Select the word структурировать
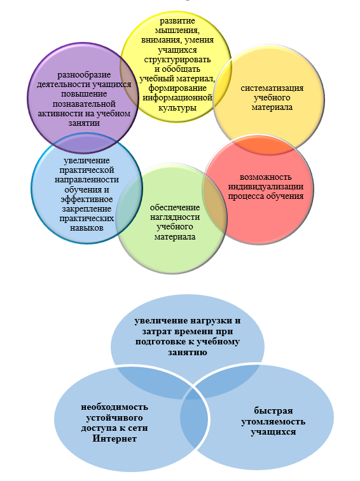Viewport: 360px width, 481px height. (177, 59)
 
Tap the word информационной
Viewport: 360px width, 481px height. (177, 98)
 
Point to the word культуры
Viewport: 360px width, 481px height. (177, 108)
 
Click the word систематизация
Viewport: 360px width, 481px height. (272, 88)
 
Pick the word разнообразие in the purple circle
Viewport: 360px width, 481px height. (84, 75)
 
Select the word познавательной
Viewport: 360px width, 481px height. (84, 104)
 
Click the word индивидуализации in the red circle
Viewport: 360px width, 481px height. (266, 187)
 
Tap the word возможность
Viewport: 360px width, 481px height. (265, 177)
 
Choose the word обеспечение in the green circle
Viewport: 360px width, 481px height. (175, 208)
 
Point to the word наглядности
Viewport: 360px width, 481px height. (175, 217)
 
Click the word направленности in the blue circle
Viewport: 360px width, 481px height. (87, 180)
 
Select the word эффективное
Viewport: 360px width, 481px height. (87, 200)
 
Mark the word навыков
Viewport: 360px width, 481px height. (87, 228)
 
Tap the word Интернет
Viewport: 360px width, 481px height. (114, 438)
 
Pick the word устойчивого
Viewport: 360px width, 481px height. (114, 418)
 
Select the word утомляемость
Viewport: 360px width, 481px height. (273, 422)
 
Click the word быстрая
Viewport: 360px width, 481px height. (273, 410)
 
